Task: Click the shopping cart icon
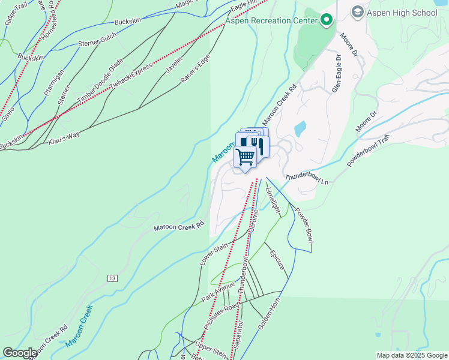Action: point(246,157)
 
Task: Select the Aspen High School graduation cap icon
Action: point(357,12)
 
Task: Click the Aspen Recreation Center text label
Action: point(271,21)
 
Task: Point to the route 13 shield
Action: point(112,278)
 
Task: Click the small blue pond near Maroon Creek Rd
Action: point(300,128)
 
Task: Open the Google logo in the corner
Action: point(20,353)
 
